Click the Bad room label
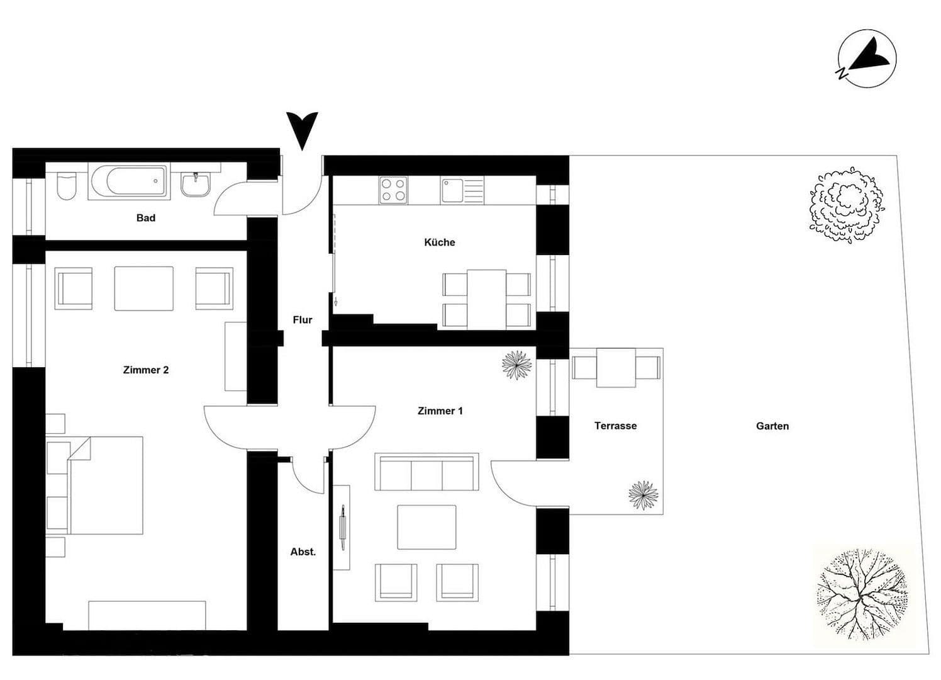(145, 218)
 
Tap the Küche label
(439, 242)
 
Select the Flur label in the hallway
(303, 320)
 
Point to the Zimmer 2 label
(145, 370)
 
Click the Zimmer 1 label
(440, 411)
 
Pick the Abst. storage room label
(303, 552)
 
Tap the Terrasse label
(615, 426)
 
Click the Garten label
(772, 426)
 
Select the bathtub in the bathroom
(129, 182)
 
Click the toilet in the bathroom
(66, 184)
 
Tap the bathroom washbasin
(197, 184)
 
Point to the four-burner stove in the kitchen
(393, 190)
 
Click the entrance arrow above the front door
(302, 130)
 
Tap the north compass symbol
(867, 58)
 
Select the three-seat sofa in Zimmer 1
(426, 472)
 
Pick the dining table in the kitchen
(486, 299)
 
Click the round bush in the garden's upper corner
(846, 205)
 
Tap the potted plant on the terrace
(643, 494)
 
